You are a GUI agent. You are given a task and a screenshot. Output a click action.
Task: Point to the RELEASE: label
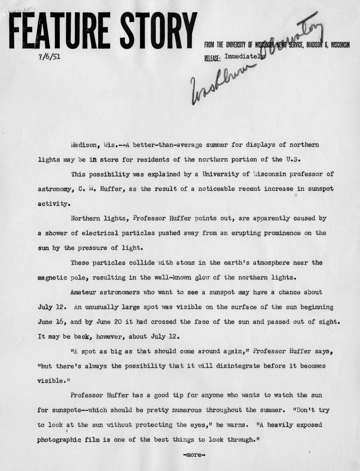pyautogui.click(x=212, y=59)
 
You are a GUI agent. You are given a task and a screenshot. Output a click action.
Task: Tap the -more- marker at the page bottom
pyautogui.click(x=194, y=455)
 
